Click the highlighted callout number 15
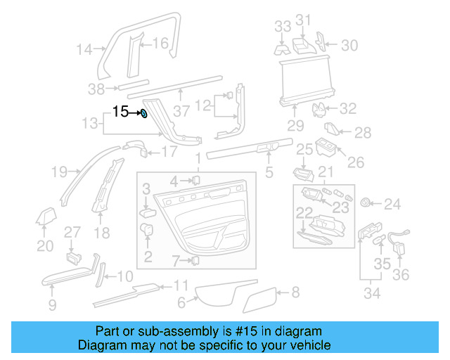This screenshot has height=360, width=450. [120, 111]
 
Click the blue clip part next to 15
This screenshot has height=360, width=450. [143, 113]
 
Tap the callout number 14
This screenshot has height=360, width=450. [84, 49]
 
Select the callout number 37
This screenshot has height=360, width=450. [182, 110]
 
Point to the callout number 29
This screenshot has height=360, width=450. [295, 127]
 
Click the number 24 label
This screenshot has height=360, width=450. [392, 205]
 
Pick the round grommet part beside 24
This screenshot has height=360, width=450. [366, 203]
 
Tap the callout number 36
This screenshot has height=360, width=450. [401, 274]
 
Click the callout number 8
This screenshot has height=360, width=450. [295, 291]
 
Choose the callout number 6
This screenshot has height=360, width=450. [181, 303]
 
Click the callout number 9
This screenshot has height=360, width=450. [53, 304]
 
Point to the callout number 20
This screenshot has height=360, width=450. [45, 245]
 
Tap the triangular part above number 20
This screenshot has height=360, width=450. [46, 217]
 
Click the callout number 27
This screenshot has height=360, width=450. [73, 233]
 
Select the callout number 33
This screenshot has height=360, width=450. [282, 27]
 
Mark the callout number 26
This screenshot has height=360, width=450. [356, 162]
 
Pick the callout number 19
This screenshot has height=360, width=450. [59, 172]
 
